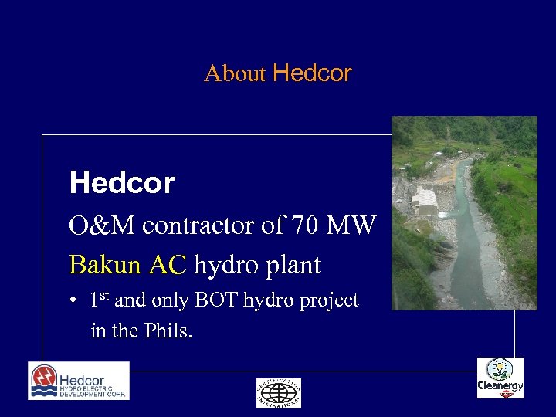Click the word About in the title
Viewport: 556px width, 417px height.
pyautogui.click(x=235, y=74)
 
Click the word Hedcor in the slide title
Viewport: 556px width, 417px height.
pyautogui.click(x=312, y=73)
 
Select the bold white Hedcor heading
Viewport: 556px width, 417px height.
pyautogui.click(x=122, y=184)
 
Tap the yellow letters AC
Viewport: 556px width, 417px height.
pyautogui.click(x=168, y=266)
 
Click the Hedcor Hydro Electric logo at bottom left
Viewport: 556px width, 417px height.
pyautogui.click(x=79, y=381)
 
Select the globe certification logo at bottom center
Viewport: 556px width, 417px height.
pyautogui.click(x=279, y=392)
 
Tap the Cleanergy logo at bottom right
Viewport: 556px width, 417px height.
pyautogui.click(x=500, y=378)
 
